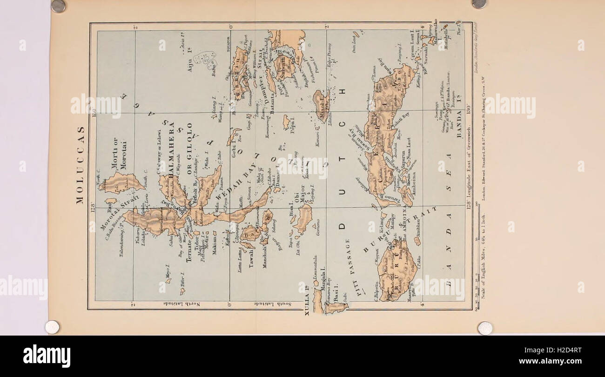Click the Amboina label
coord(416,180)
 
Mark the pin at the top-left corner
coord(58,6)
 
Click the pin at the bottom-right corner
coord(484,328)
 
